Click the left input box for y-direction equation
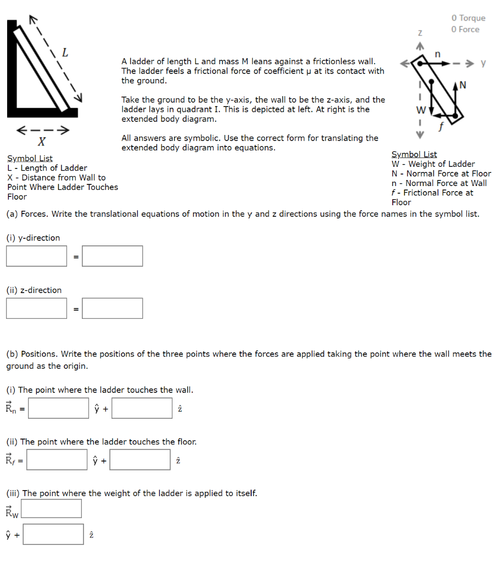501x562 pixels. coord(36,256)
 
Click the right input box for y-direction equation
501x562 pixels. coord(113,256)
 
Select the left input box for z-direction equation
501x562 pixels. coord(36,308)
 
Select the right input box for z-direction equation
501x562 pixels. coord(113,308)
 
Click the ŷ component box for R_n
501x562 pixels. coord(59,408)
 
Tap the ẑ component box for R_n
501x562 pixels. coord(142,408)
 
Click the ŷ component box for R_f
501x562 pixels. coord(57,459)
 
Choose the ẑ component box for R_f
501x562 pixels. coord(140,459)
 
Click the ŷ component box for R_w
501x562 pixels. coord(52,508)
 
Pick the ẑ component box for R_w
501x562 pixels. coord(53,534)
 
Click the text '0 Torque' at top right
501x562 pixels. coord(468,18)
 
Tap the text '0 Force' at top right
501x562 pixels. coord(465,30)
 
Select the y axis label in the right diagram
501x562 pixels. coord(483,63)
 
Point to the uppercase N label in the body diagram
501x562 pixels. coord(463,85)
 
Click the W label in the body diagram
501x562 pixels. coord(421,109)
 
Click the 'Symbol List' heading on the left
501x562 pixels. coord(30,159)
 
